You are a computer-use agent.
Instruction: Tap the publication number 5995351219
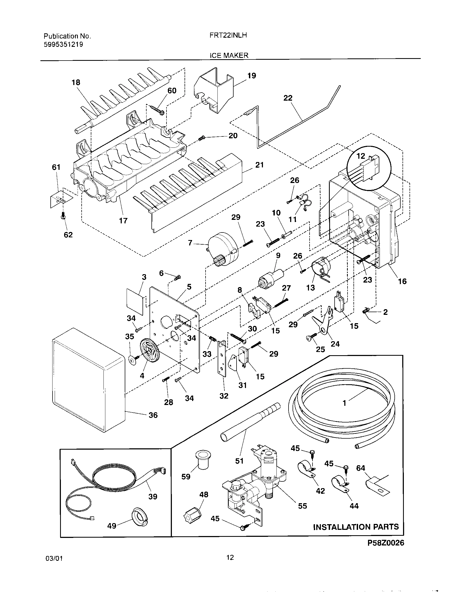tap(64, 44)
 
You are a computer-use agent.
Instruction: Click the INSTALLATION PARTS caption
tap(356, 527)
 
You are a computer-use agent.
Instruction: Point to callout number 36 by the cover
tap(153, 415)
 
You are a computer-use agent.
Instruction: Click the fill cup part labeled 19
tap(214, 91)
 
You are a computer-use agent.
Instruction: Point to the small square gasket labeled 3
tap(135, 301)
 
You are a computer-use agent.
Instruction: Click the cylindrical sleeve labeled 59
tap(201, 460)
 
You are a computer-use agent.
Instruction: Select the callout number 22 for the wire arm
tap(288, 98)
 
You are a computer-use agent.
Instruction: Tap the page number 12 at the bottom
tap(230, 557)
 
